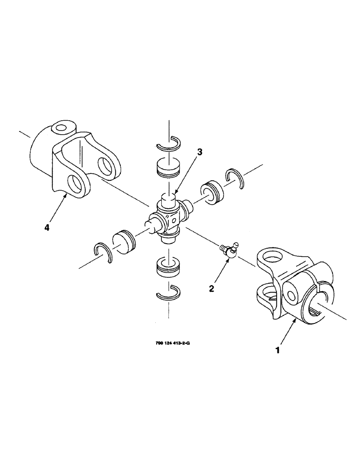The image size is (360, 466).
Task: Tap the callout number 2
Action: coord(212,289)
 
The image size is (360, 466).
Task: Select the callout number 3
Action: coord(199,152)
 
